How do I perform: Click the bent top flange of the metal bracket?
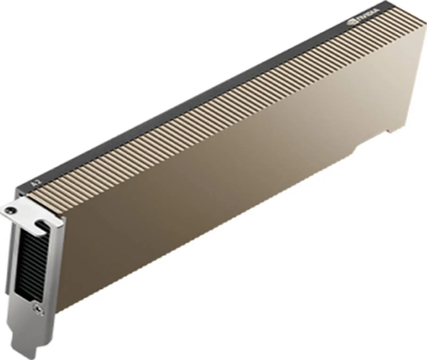click(x=28, y=212)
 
